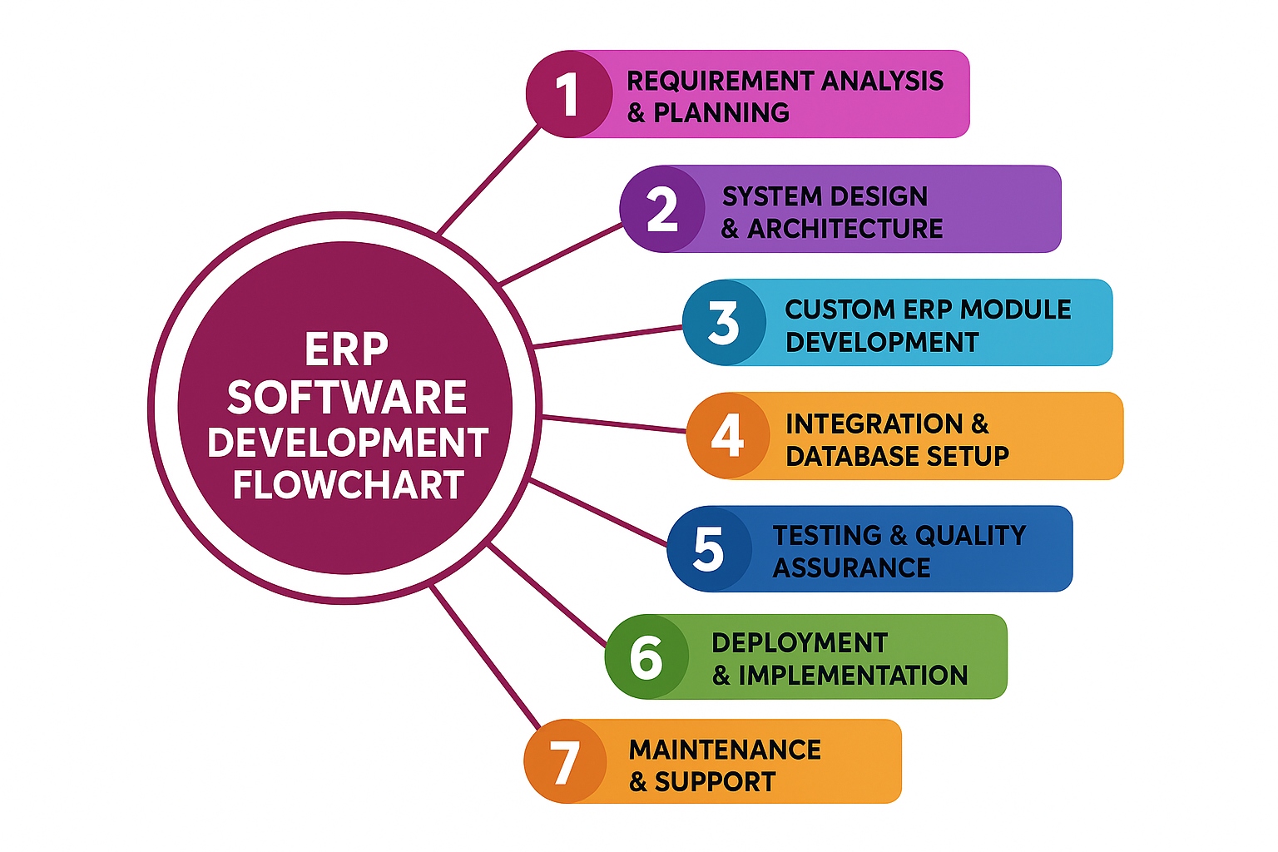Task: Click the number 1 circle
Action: click(x=568, y=94)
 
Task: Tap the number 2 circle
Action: click(x=662, y=209)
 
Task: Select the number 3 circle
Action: click(x=724, y=323)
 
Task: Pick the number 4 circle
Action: click(x=728, y=435)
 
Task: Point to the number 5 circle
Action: click(x=709, y=549)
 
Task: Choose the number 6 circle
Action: click(x=646, y=656)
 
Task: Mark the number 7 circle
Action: click(x=565, y=761)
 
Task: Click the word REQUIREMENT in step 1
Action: click(x=720, y=81)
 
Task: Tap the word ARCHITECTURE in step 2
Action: click(x=845, y=229)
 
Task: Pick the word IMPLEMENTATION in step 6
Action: click(x=853, y=675)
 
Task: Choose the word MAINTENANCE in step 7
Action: click(x=725, y=750)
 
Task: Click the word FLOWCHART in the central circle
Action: click(x=348, y=485)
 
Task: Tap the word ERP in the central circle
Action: click(x=346, y=349)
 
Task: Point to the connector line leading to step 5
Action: click(x=597, y=513)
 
